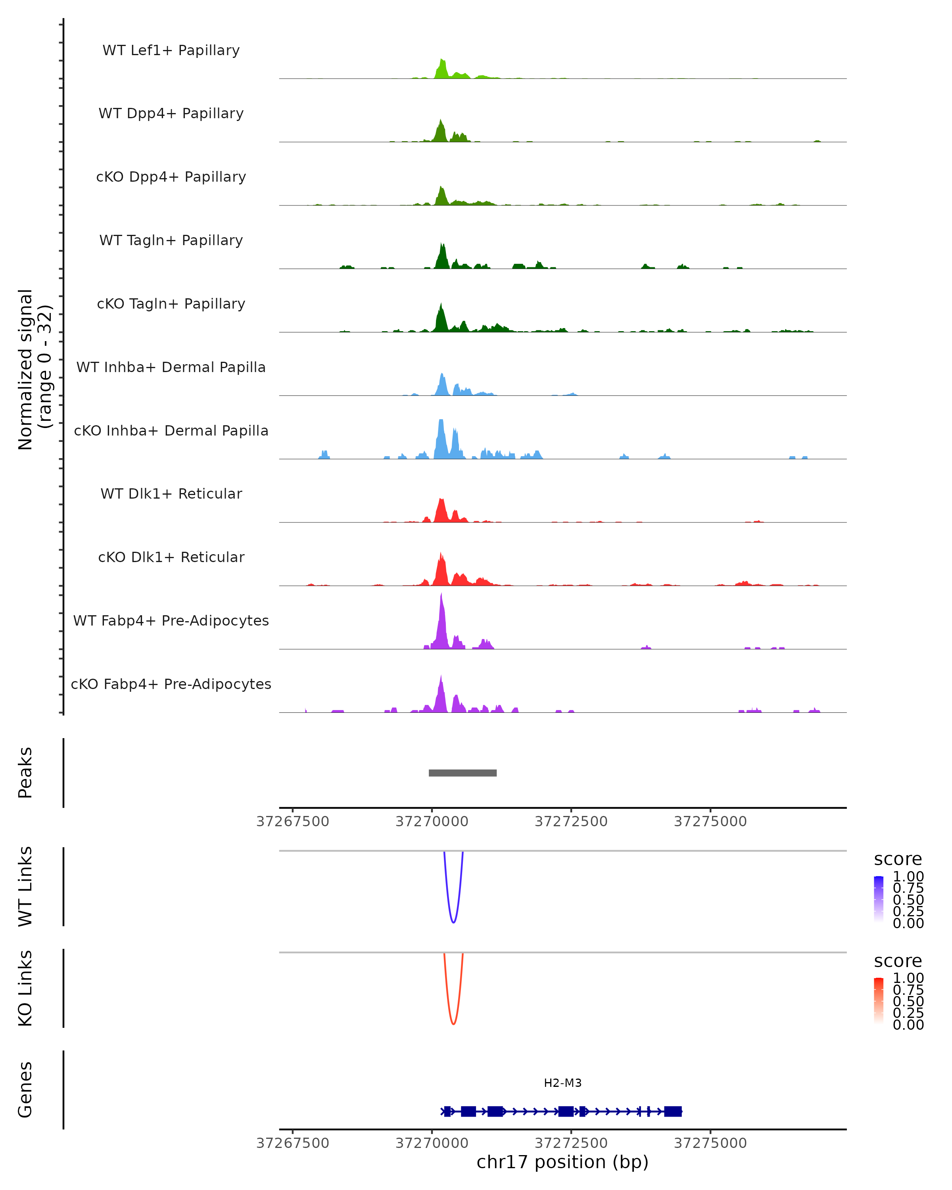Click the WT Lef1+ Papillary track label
[x=171, y=50]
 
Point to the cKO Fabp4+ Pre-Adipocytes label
[x=171, y=684]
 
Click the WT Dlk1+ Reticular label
[x=171, y=493]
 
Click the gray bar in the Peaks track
[x=463, y=773]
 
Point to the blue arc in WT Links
[x=453, y=922]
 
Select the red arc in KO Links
[x=453, y=1023]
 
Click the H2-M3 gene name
[x=562, y=1083]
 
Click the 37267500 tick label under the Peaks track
[x=292, y=821]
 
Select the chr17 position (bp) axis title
[x=562, y=1162]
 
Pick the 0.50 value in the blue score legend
[x=908, y=900]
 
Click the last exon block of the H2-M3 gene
[x=673, y=1111]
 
